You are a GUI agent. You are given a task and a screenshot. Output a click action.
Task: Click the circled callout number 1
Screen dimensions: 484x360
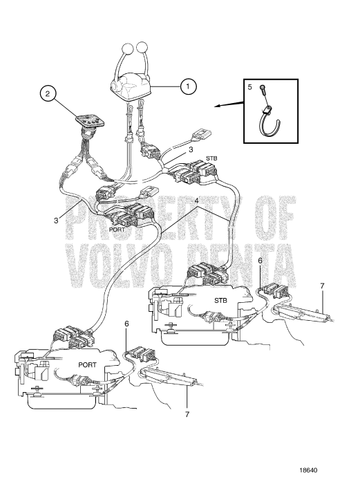186,87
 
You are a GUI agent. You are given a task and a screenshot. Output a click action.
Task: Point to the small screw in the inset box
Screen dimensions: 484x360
263,89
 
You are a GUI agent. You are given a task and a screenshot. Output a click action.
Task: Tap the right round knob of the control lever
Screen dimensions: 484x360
142,48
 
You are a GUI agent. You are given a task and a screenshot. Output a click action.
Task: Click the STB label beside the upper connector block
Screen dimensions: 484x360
212,158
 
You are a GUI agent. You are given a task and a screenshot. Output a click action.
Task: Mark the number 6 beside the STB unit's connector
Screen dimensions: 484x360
260,262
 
